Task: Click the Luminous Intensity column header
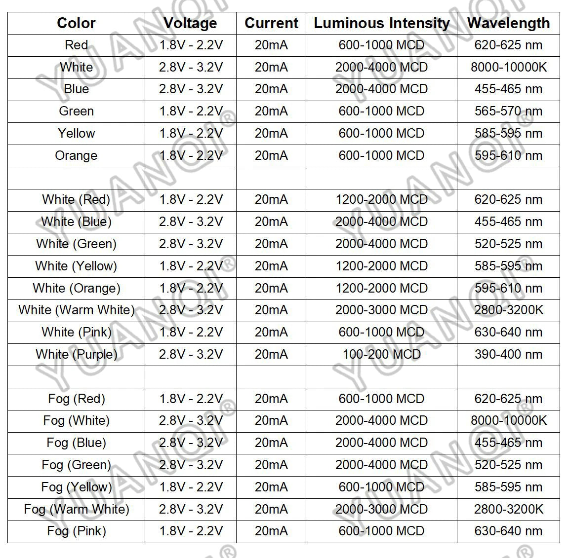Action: (381, 23)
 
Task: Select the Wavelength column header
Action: (508, 23)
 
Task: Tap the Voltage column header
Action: (190, 23)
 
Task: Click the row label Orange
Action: (76, 155)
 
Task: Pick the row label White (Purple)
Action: (76, 354)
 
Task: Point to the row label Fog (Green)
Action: (76, 465)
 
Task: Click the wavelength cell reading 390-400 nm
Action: (508, 354)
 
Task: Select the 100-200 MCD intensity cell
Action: (381, 354)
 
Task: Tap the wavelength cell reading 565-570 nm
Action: (508, 111)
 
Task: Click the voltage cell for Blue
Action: (191, 89)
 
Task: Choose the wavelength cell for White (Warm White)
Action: (508, 310)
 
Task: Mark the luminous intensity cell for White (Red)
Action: (381, 199)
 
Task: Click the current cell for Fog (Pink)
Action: (271, 531)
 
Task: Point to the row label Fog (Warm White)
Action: (76, 509)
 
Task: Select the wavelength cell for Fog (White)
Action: (508, 420)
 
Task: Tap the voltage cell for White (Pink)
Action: (191, 332)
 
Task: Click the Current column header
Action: (271, 23)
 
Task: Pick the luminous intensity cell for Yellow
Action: (381, 133)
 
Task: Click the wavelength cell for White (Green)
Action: (508, 244)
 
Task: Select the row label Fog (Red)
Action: (76, 399)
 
